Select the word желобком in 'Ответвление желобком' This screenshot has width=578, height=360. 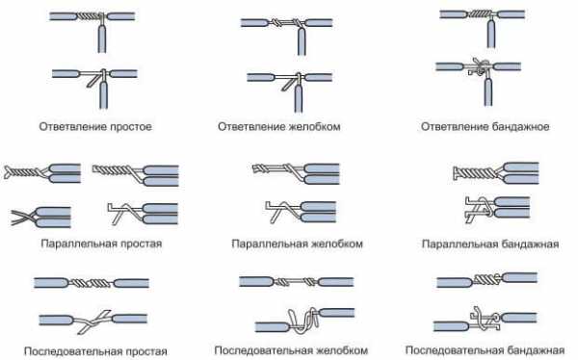tap(314, 126)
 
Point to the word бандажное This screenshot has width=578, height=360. tap(520, 127)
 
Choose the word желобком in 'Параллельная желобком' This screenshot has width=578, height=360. tap(337, 244)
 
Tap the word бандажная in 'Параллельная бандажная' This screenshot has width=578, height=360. tap(531, 244)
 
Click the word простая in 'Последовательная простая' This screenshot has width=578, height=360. tap(146, 351)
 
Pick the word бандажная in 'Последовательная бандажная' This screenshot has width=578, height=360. tap(537, 350)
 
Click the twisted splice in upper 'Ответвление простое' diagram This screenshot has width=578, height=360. tap(89, 16)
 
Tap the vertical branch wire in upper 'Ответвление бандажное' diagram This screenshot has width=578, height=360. tap(490, 34)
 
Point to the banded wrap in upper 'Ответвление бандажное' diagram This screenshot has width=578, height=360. tap(481, 14)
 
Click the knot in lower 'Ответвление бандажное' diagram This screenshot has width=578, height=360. tap(480, 68)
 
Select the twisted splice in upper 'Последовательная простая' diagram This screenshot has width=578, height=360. tap(91, 283)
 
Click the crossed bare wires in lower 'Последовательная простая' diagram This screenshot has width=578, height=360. tap(93, 320)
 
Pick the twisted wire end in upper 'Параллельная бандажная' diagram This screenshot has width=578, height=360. tap(475, 173)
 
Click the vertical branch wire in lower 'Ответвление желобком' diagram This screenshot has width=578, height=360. tap(300, 94)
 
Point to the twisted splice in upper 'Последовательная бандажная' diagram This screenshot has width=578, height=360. tap(487, 279)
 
